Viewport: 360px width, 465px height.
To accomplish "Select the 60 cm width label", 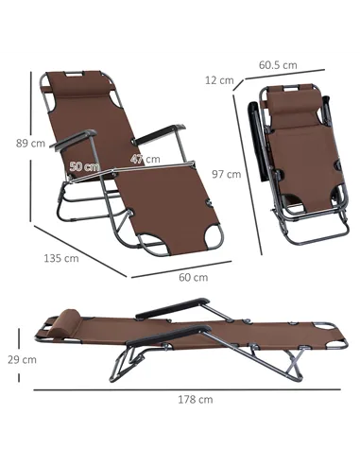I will (194, 277).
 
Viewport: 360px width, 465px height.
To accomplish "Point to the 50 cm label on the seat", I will (85, 166).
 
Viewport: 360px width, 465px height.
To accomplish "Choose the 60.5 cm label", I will (279, 65).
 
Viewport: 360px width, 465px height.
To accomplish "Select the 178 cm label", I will (195, 399).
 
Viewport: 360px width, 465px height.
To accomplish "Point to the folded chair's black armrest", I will (255, 132).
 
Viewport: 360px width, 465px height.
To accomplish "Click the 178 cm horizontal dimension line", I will (189, 387).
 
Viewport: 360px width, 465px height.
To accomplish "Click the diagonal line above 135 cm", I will (80, 250).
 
